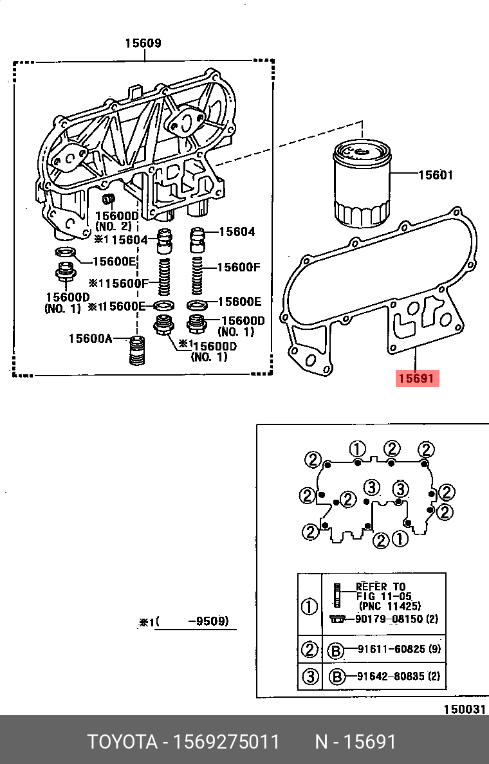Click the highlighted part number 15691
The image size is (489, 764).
coord(417,379)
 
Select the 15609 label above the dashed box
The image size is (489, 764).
coord(143,44)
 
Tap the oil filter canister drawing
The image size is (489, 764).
coord(361,185)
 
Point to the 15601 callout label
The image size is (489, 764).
coord(436,175)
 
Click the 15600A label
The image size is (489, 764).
coord(90,338)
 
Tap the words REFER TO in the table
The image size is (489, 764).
coord(381,587)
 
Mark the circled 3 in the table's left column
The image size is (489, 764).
coord(310,677)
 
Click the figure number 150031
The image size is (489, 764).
coord(463,709)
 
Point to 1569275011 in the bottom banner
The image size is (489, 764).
coord(227,742)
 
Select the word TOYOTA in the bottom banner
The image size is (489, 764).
coord(122,742)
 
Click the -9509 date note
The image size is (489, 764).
coord(207,622)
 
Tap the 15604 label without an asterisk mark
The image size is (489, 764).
coord(237,232)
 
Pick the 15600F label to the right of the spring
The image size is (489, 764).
coord(238,268)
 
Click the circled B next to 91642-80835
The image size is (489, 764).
coord(335,677)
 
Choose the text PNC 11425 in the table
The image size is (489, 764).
coord(389,606)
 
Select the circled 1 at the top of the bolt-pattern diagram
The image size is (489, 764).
coord(358,449)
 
